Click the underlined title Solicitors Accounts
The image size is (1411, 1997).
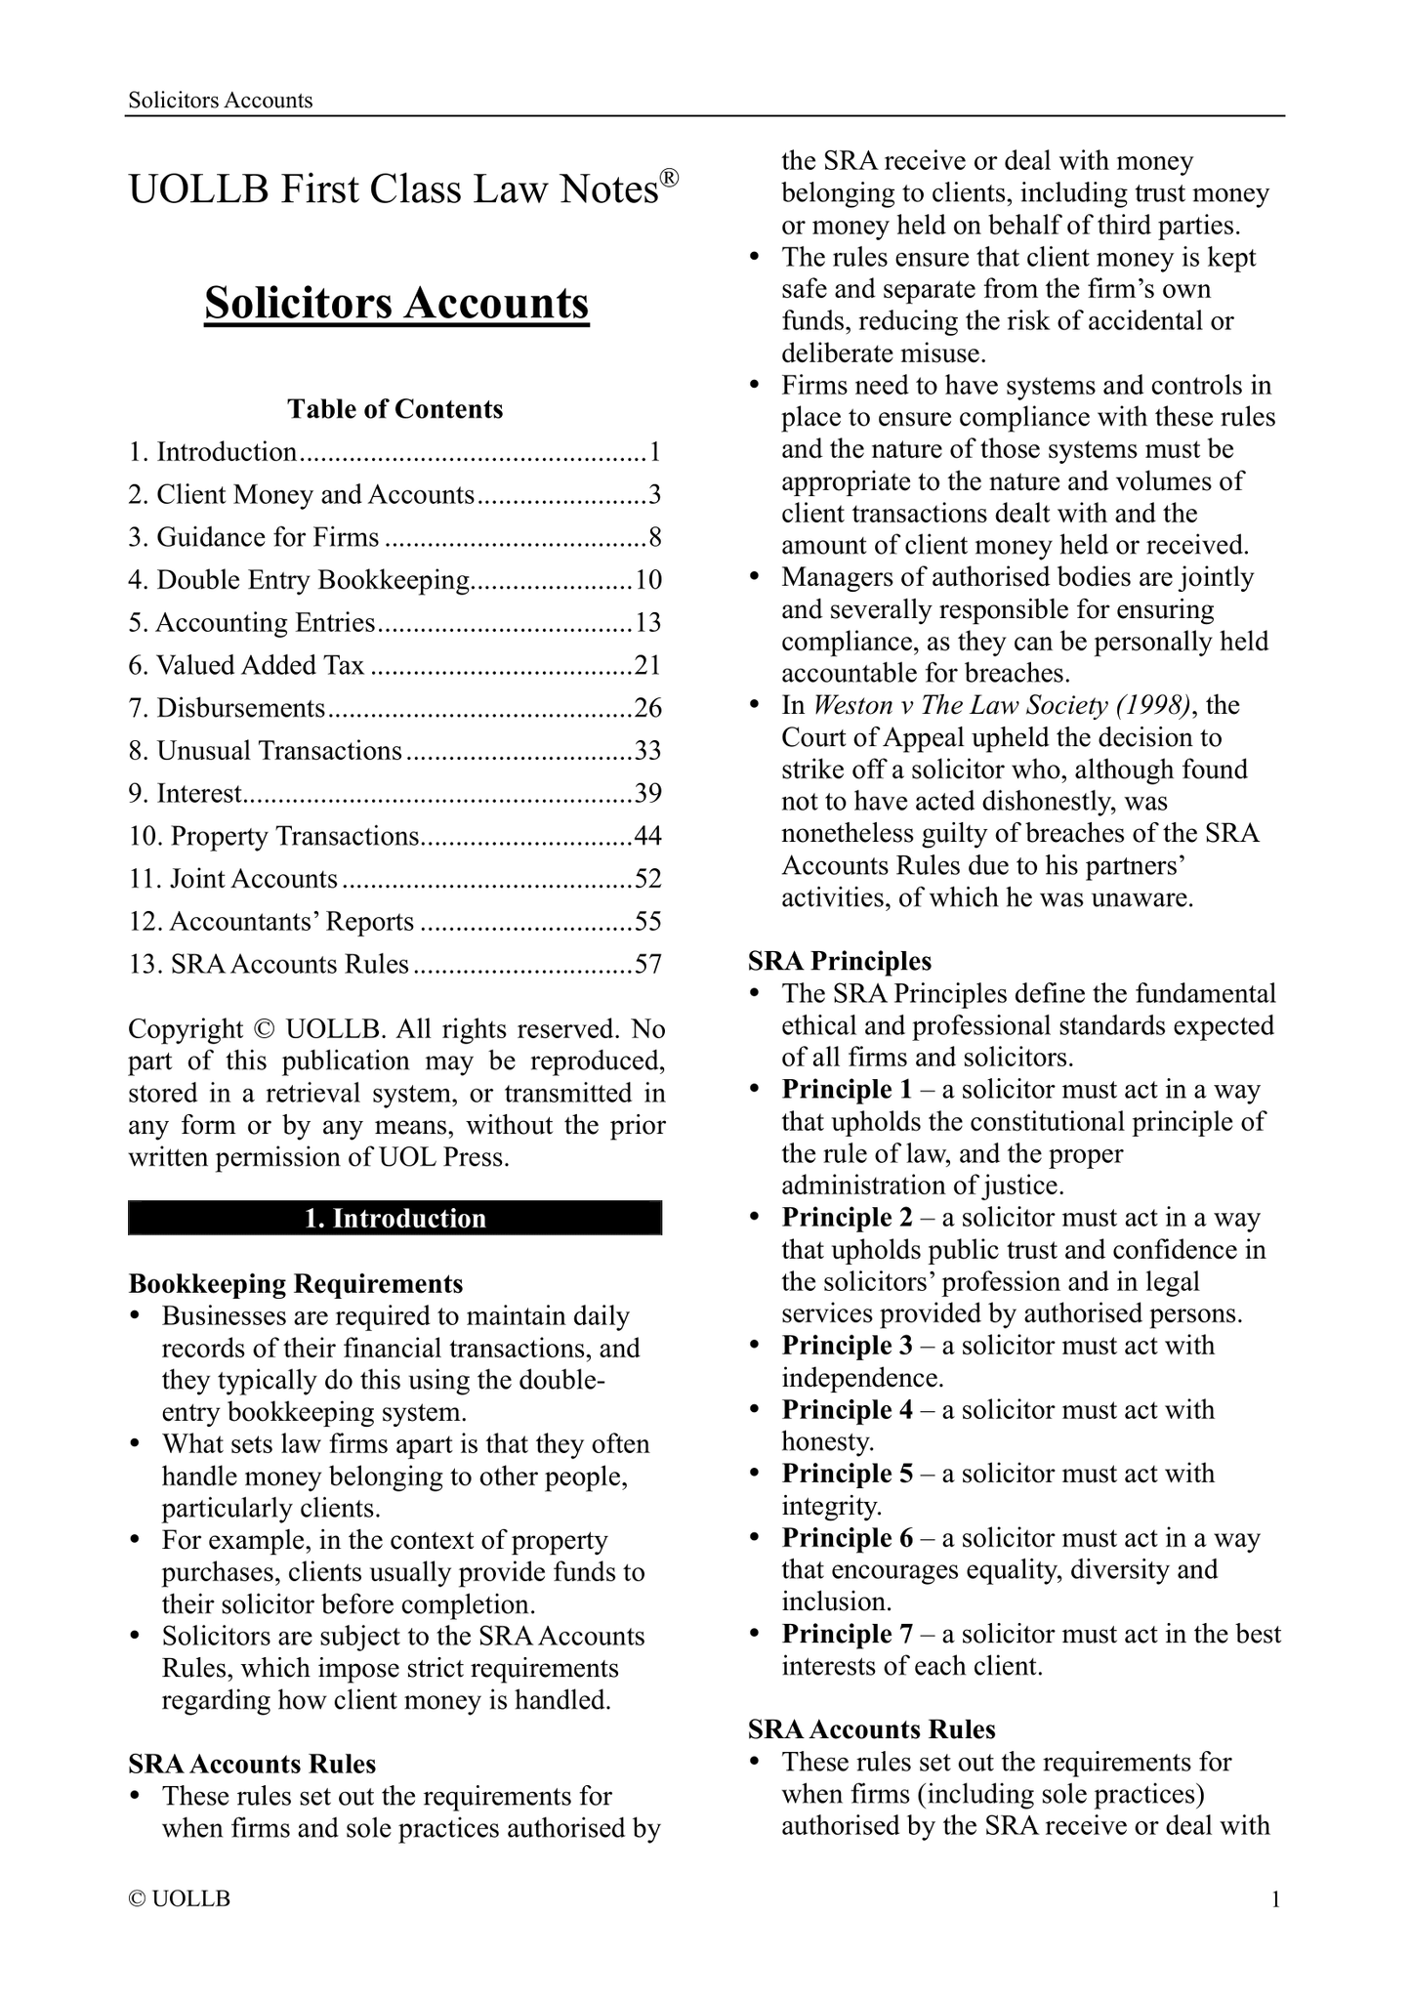click(x=396, y=304)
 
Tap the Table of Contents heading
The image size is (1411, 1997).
click(x=394, y=409)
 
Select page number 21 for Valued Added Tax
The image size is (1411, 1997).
click(x=648, y=666)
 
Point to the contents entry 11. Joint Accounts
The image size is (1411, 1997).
click(x=233, y=879)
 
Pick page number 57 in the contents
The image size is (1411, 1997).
click(x=648, y=965)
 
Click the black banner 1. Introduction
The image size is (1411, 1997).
click(x=394, y=1219)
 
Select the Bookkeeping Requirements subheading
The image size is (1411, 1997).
click(x=296, y=1283)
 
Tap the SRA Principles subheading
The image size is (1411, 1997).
click(x=840, y=962)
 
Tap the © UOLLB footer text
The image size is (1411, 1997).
click(x=180, y=1899)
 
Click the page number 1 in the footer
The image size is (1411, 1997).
click(x=1275, y=1899)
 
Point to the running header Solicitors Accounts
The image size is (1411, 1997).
click(x=221, y=100)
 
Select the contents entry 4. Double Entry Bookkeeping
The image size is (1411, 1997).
click(x=299, y=580)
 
